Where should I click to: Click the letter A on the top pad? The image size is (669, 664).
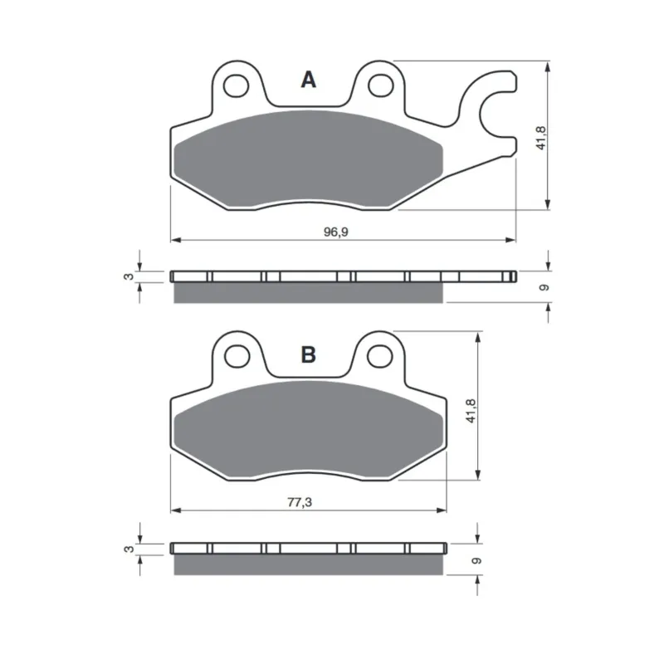pos(308,80)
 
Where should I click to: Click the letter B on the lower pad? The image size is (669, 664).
pos(309,354)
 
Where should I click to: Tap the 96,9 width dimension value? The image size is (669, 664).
pos(336,232)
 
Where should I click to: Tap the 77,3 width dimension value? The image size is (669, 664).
pos(300,502)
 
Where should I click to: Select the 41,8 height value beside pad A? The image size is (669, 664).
pos(541,138)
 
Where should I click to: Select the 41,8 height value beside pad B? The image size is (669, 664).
pos(471,411)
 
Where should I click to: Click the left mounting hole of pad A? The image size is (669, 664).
pos(236,85)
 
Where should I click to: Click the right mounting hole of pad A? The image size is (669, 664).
pos(381,85)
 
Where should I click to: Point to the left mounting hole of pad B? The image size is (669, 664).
pos(237,356)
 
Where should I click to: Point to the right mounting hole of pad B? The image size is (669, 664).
pos(379,356)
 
